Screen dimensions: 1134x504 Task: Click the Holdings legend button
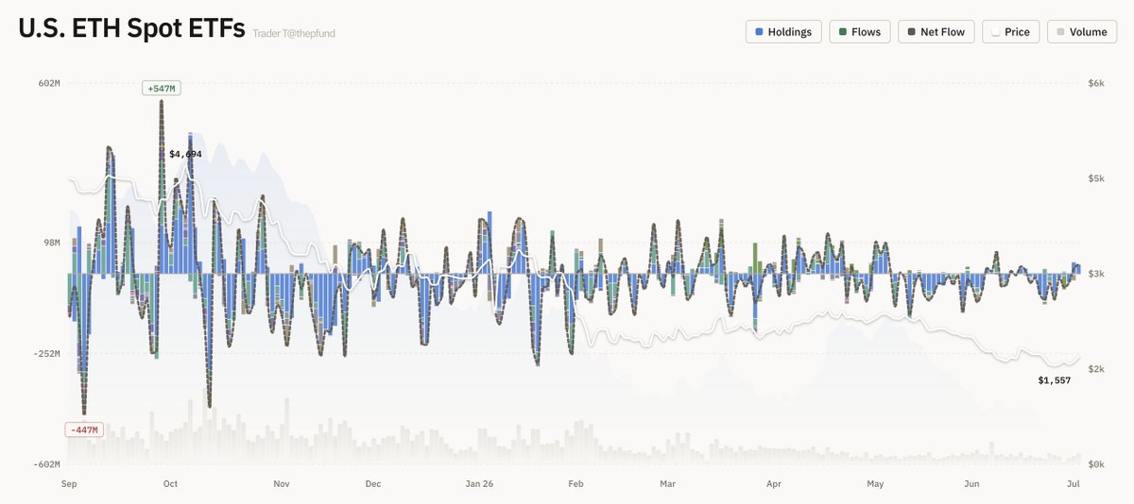point(783,32)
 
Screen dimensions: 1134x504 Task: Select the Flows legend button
point(860,32)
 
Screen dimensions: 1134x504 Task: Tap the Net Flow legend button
point(936,32)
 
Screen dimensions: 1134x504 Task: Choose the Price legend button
point(1010,32)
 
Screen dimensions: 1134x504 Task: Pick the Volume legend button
point(1082,32)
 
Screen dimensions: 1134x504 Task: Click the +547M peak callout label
point(162,89)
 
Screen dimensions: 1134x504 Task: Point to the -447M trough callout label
point(84,429)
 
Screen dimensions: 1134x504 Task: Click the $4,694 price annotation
point(185,154)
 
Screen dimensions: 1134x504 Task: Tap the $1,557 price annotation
point(1054,380)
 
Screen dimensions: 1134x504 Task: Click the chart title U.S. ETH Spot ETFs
point(131,28)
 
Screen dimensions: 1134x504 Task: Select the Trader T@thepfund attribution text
point(294,33)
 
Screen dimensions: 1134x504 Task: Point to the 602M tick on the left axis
point(49,83)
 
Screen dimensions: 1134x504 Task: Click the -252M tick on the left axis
point(46,353)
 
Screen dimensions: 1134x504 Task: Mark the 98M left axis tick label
point(52,243)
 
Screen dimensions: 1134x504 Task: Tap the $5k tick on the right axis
point(1096,178)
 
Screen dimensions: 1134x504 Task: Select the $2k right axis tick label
point(1096,369)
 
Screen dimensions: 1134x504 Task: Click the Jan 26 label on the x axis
point(479,484)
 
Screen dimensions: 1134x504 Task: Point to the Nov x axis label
point(282,484)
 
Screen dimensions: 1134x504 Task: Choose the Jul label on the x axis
point(1074,484)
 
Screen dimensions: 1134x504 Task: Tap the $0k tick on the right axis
point(1096,464)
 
